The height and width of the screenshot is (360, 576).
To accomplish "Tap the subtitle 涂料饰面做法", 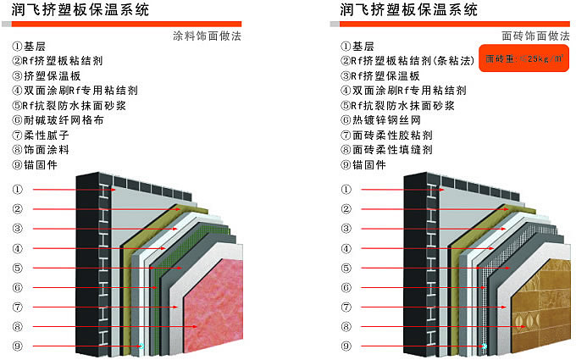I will tap(206, 37).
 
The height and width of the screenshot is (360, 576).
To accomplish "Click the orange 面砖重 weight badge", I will tap(523, 59).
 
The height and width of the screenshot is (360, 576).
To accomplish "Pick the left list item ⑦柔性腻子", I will tap(43, 135).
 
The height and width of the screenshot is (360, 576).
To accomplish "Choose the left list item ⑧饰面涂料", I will tap(43, 149).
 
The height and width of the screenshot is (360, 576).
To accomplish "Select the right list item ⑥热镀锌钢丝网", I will tap(381, 119).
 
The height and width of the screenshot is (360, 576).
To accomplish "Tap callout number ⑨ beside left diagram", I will tap(16, 346).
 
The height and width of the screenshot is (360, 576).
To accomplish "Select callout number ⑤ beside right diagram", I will tap(345, 269).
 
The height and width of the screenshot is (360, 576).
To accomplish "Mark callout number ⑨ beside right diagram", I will tap(345, 346).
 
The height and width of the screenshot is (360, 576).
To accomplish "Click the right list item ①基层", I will tap(362, 46).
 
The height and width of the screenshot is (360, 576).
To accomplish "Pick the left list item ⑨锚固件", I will tap(37, 164).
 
